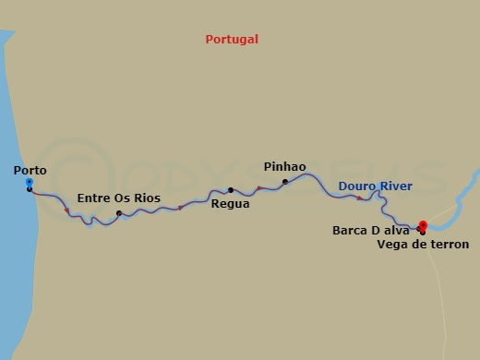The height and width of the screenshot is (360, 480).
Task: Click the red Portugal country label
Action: coord(232,40)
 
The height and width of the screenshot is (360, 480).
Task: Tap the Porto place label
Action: coord(30,171)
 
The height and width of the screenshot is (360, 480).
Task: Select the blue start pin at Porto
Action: coord(30,183)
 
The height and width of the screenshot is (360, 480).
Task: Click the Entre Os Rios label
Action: coord(118,198)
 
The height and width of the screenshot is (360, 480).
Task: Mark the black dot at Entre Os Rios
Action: coord(119,214)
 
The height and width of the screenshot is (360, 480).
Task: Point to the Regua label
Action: coord(230,204)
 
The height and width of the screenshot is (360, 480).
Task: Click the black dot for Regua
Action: coord(231,190)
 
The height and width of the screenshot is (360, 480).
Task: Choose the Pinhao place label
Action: coord(284,167)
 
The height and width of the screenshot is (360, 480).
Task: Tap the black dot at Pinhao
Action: coord(285,181)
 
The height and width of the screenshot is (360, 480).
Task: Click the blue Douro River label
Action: coord(376,186)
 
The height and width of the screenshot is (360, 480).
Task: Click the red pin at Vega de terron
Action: coord(423,224)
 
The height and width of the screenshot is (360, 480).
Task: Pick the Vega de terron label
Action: coord(423,245)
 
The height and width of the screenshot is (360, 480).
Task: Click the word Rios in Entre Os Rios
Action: coord(146,198)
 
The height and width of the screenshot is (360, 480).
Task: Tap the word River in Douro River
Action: coord(395,186)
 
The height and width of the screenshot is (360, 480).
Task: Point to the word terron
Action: coord(448,245)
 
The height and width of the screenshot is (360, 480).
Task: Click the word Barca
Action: coord(350,231)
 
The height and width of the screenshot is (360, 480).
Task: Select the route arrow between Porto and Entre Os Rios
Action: coord(66,211)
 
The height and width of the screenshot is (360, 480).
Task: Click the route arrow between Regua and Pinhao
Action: coord(259,188)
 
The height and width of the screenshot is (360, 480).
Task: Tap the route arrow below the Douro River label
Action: coord(359,198)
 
